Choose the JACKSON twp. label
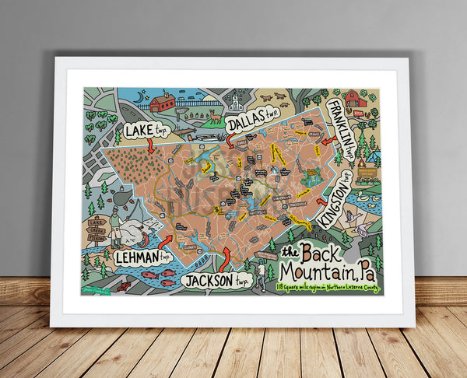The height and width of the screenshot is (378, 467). [x=216, y=281]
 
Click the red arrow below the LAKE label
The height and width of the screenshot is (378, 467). [x=149, y=144]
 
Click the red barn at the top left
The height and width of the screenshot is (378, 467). [x=163, y=102]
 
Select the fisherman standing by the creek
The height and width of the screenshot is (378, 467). [x=115, y=226]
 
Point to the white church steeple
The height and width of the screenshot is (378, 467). [x=235, y=100]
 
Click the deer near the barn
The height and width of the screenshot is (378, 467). [x=211, y=117]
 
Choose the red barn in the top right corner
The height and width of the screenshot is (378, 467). [x=355, y=99]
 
